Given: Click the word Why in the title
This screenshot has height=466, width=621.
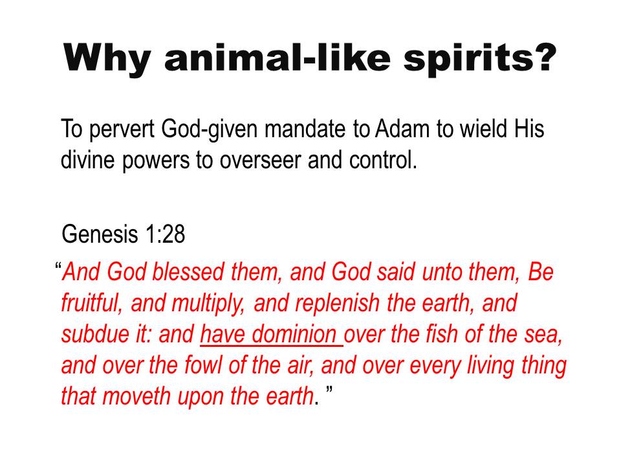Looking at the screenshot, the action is coord(107,58).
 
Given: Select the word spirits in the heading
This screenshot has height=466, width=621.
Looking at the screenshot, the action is coord(480,58).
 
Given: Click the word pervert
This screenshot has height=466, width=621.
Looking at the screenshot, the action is coord(122,130).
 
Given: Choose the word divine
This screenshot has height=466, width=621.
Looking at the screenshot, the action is coord(87,160).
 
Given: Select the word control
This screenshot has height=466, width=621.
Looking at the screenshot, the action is coord(384,160).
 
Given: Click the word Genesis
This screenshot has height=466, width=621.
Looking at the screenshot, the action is coord(100,234).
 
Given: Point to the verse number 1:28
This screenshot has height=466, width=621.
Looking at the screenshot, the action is coord(166,234).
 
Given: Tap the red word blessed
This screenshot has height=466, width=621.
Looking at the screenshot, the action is coord(188,272).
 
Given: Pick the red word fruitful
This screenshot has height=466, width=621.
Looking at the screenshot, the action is coord(91,303).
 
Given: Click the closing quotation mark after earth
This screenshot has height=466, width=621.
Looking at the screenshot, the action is coord(329,390).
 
